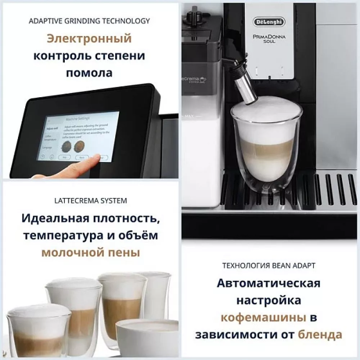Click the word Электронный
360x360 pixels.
89,39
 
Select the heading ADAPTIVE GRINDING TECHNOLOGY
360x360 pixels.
89,21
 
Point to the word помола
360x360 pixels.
89,73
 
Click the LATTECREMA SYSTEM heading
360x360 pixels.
89,201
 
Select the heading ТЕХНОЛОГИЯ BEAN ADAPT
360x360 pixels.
269,266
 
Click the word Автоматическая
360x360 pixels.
269,283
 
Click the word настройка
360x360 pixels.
269,300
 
